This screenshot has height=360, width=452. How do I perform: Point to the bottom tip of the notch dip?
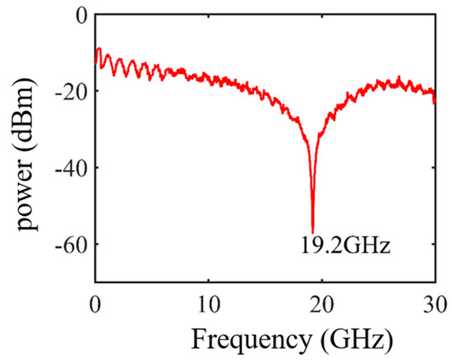click(313, 233)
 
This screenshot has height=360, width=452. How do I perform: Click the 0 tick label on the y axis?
click(80, 15)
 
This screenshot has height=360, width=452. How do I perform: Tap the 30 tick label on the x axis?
click(434, 298)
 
